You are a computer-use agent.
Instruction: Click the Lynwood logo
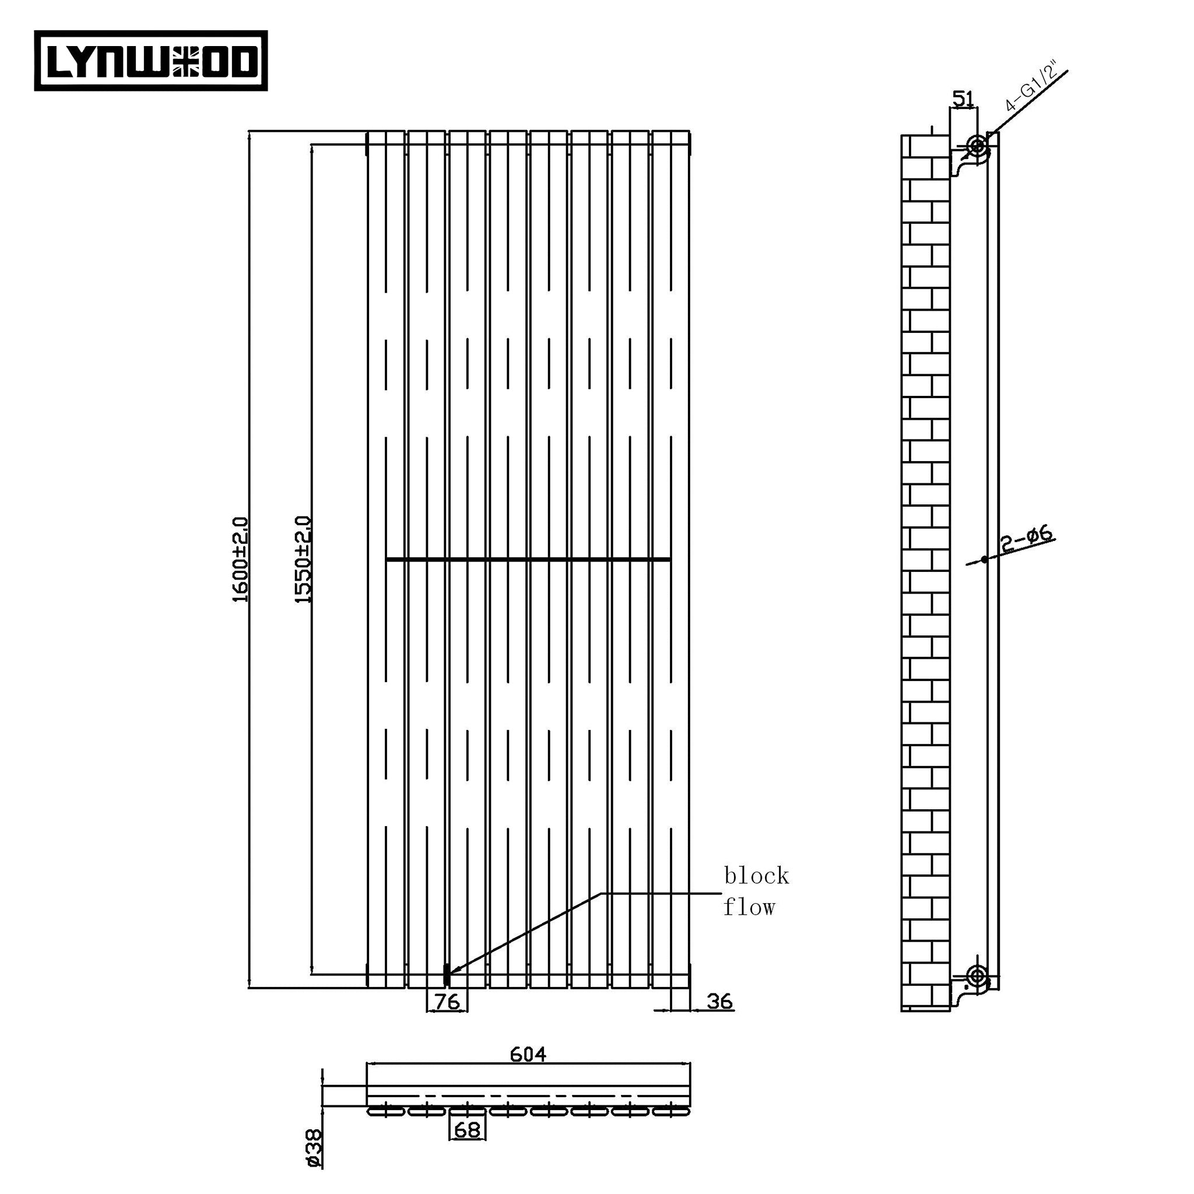(x=151, y=61)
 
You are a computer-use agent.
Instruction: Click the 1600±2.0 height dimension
(x=240, y=559)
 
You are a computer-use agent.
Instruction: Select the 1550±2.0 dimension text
(x=303, y=559)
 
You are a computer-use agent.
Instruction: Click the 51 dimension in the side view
(x=963, y=99)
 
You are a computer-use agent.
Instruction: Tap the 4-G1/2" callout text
(x=1031, y=87)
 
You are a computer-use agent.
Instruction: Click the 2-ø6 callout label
(x=1026, y=538)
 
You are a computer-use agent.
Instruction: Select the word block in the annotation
(x=756, y=876)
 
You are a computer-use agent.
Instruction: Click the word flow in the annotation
(x=749, y=907)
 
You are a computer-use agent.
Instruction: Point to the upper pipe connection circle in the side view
(x=977, y=146)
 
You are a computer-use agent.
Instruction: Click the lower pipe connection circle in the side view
(x=977, y=977)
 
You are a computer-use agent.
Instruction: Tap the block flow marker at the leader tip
(x=446, y=975)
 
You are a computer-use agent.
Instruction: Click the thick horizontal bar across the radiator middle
(x=528, y=560)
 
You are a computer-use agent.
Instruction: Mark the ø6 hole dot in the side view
(x=985, y=560)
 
